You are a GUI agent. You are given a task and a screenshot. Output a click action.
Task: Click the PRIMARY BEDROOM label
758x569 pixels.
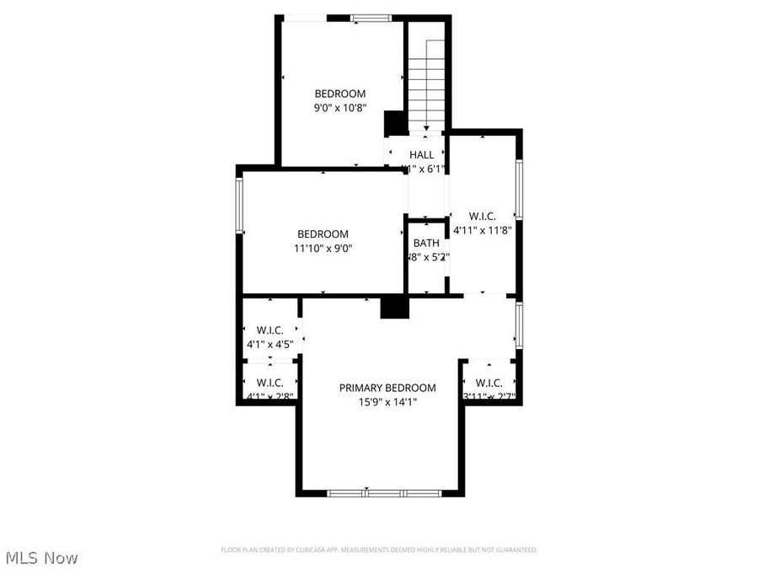click(x=387, y=388)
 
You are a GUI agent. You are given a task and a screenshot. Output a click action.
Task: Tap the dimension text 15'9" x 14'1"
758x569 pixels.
click(x=387, y=402)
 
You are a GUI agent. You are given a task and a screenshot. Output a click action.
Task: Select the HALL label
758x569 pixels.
click(x=421, y=155)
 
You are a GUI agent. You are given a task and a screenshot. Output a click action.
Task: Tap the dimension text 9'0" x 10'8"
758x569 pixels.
click(x=340, y=108)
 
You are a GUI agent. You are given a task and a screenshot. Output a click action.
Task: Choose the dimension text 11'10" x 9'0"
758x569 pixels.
click(x=323, y=248)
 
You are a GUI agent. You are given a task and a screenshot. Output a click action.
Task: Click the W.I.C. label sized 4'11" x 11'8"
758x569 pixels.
click(x=483, y=215)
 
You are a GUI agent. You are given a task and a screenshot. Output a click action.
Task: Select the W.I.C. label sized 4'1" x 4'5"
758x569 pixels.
click(x=269, y=330)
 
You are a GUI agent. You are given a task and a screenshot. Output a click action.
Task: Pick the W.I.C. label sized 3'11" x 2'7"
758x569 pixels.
click(x=489, y=383)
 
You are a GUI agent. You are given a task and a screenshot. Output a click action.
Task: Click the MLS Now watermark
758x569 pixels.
click(x=41, y=558)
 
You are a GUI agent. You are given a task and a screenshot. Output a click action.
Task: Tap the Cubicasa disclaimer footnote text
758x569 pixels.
click(x=379, y=550)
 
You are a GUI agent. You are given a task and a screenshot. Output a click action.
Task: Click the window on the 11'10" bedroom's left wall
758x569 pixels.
click(x=240, y=204)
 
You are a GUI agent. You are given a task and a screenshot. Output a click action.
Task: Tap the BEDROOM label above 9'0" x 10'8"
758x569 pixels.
click(x=340, y=94)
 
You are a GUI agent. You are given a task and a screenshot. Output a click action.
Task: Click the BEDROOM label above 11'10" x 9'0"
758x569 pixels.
click(x=323, y=234)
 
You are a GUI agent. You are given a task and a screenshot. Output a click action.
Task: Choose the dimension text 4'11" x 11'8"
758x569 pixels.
click(x=483, y=229)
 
